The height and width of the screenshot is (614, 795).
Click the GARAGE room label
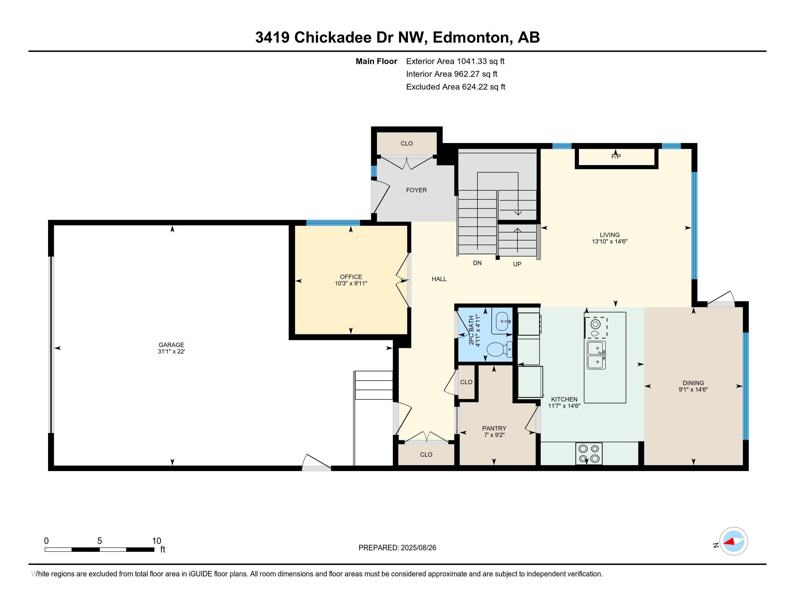point(171,345)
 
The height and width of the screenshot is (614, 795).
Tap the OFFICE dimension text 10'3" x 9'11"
point(351,284)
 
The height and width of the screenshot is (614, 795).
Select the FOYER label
point(416,190)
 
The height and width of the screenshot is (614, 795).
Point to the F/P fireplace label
point(616,156)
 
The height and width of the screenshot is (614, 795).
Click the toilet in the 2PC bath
point(499,350)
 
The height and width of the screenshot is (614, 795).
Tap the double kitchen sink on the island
point(596,355)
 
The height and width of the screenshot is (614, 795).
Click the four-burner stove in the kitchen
point(589,454)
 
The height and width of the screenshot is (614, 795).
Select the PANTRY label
point(494,428)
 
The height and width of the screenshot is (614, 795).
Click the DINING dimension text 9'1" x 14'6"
point(693,389)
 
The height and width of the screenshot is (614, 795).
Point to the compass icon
point(734,541)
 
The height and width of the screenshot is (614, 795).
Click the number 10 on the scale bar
point(156,541)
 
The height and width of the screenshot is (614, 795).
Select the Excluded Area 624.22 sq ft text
point(456,87)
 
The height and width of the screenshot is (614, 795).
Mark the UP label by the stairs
point(517,264)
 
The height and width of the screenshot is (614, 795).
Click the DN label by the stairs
point(477,263)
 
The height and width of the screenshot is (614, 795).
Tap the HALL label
point(439,279)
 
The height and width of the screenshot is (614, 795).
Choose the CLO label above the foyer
point(407,143)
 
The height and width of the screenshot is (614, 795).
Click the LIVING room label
point(610,235)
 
